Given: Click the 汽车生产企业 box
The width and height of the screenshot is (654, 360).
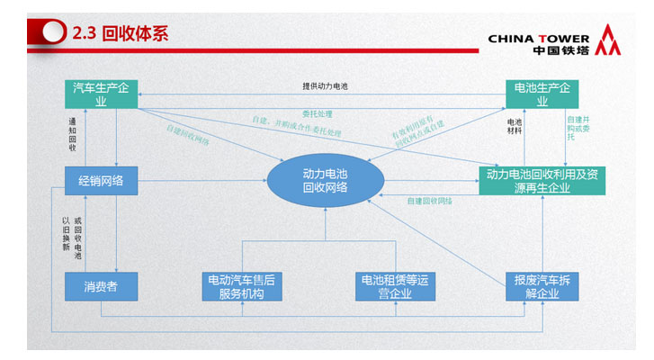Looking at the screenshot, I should tap(101, 94).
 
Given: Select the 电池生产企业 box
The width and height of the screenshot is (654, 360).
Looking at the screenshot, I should tap(542, 94).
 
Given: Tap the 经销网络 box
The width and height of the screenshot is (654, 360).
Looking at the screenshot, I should tap(101, 181).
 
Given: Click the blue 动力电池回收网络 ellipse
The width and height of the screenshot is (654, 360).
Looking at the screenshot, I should tap(325, 180).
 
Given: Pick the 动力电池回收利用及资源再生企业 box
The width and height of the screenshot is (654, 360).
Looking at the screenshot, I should tap(542, 181).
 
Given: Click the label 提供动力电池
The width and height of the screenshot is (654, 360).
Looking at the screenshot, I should tap(325, 86).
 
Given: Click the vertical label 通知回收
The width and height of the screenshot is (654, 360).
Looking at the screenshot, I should tap(72, 132).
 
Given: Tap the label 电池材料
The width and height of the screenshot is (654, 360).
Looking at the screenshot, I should tap(515, 128).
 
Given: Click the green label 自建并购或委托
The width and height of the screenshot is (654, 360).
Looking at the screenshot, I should tap(578, 128).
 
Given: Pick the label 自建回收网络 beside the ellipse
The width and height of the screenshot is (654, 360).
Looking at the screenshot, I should tap(430, 201).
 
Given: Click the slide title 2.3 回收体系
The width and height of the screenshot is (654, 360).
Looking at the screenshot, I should tap(120, 34).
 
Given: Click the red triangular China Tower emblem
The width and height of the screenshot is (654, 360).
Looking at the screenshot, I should tap(611, 40).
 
